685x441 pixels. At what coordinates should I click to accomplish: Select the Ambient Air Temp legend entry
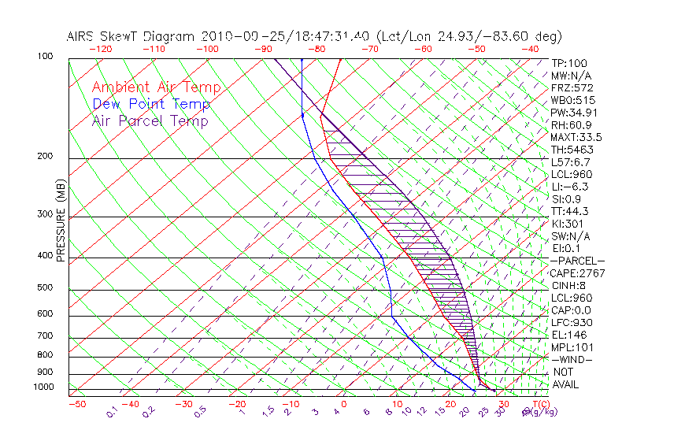(156, 88)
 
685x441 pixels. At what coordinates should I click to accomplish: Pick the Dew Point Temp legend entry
(151, 105)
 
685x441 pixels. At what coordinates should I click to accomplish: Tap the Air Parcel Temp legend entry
(150, 121)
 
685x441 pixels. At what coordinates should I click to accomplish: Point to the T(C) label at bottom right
(541, 405)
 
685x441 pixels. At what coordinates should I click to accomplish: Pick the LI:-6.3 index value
(571, 187)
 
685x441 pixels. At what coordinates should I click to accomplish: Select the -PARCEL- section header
(577, 261)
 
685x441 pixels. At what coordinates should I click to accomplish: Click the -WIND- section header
(572, 360)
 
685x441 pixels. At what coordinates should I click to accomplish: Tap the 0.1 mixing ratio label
(113, 411)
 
